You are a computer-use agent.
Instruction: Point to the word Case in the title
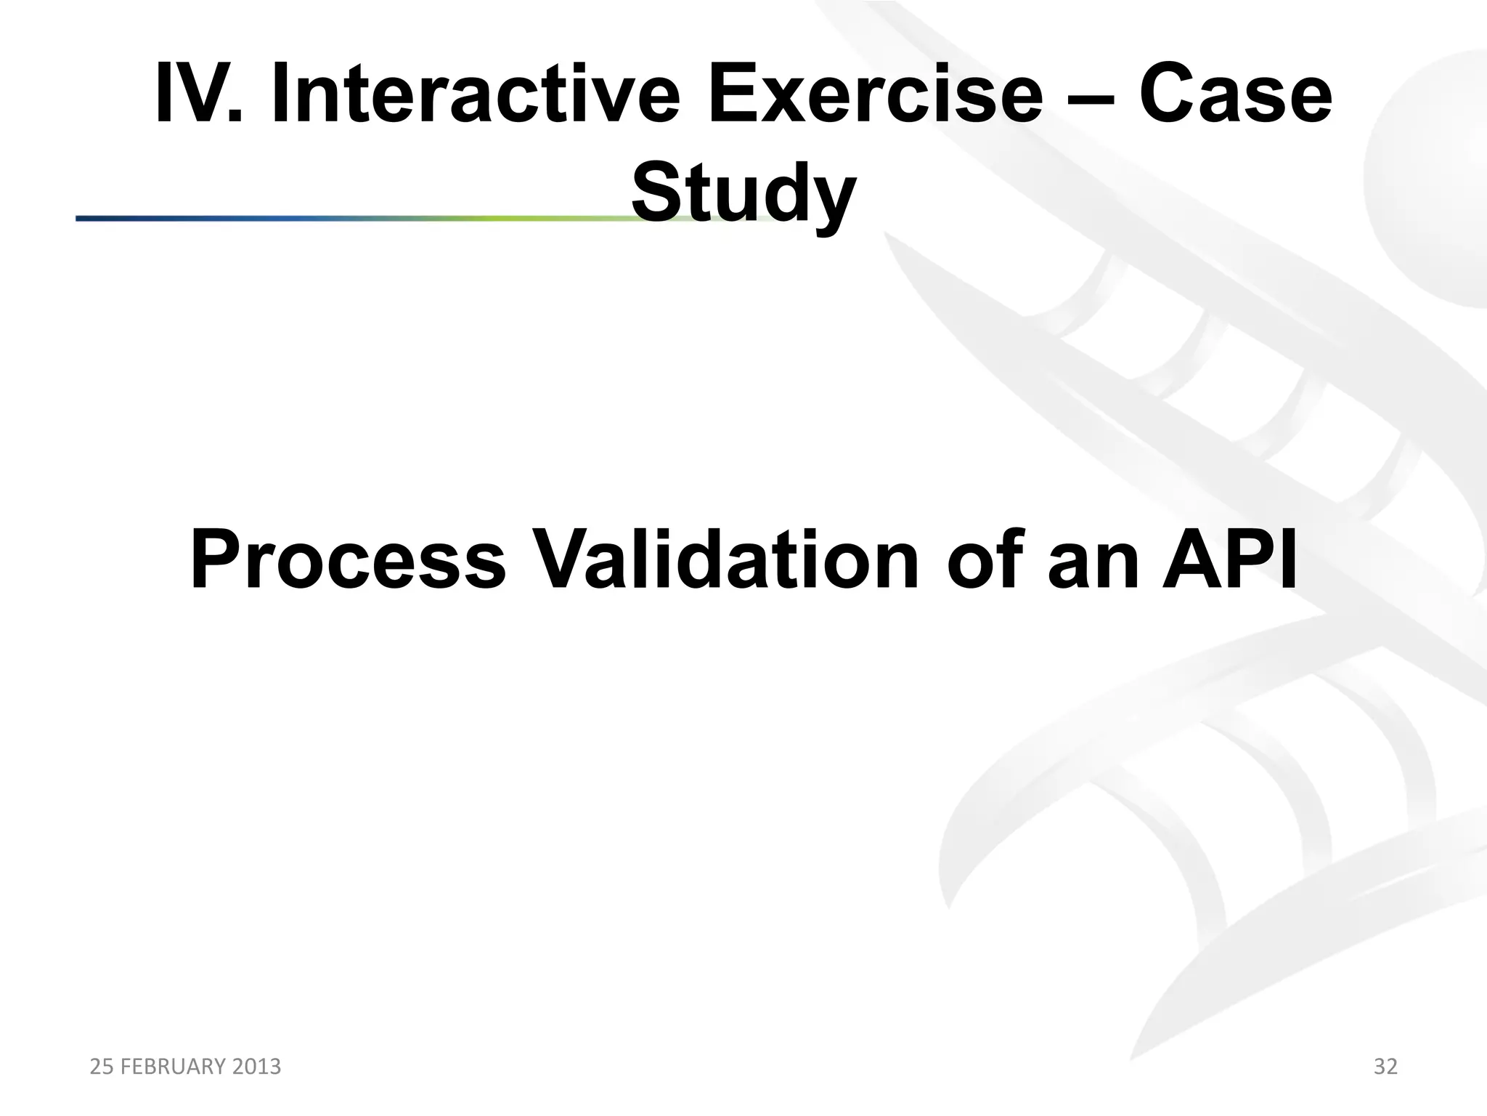[x=1235, y=95]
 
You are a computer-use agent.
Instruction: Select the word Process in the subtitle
[x=347, y=560]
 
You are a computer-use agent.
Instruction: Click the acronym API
[x=1229, y=560]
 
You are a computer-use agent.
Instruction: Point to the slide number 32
[x=1385, y=1067]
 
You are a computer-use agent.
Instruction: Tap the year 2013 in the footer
[x=256, y=1067]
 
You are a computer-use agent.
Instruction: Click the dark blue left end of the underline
[x=94, y=218]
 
